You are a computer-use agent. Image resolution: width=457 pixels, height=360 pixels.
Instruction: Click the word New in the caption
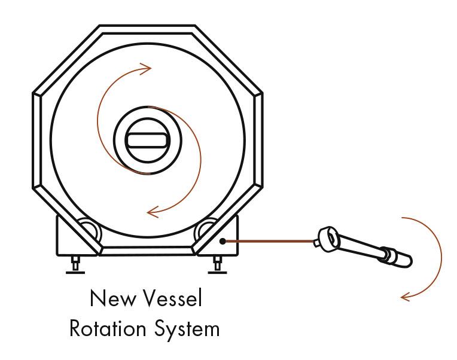[114, 298]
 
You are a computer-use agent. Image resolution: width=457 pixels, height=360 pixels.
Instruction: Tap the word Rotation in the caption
[108, 328]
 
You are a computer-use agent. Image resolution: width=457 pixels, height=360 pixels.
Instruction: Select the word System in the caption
[187, 330]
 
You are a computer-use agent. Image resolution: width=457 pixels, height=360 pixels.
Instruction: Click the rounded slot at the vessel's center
[148, 140]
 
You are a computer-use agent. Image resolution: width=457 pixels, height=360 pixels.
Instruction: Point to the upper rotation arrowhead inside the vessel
[146, 69]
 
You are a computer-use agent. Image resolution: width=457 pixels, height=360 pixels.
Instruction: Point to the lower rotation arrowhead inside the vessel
[153, 212]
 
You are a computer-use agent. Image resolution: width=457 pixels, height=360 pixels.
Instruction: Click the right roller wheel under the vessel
[206, 228]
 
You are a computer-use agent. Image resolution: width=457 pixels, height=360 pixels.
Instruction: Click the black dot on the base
[223, 241]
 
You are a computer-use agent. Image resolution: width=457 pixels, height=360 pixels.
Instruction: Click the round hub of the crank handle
[328, 237]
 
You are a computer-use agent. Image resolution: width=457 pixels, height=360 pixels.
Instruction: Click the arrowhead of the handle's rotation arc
[406, 297]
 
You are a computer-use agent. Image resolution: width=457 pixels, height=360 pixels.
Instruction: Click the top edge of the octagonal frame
[147, 29]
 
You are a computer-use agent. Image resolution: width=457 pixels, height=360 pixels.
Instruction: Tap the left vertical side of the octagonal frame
[36, 141]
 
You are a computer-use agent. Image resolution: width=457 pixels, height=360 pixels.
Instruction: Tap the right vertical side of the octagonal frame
[259, 141]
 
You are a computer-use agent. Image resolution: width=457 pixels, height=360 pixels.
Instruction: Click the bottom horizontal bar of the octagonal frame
[147, 251]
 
